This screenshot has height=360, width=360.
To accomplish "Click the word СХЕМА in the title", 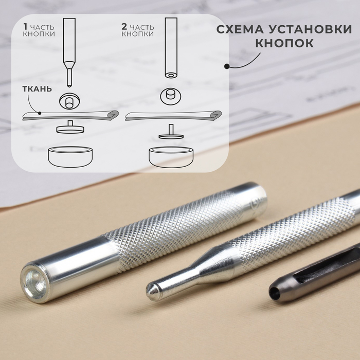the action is point(240,29).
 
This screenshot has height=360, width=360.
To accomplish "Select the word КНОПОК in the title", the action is point(284,43).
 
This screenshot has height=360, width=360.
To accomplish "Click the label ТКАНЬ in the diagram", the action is point(37,89).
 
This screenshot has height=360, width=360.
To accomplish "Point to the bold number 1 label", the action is point(25,27).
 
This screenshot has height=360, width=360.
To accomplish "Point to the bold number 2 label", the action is point(124,27).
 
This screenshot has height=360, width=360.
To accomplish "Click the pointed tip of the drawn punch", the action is point(68,86).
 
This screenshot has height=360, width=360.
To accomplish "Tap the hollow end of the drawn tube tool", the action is point(171,75).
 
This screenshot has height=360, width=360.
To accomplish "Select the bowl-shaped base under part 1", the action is point(70,157).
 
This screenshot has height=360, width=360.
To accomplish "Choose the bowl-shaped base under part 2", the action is point(171,157).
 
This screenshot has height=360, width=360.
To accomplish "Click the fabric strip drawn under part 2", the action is point(173,116).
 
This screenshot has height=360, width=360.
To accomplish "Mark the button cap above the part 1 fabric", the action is point(69,101).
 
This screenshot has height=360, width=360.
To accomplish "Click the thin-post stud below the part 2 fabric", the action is point(171,132).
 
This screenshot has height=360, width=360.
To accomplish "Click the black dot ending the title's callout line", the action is point(227,66).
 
